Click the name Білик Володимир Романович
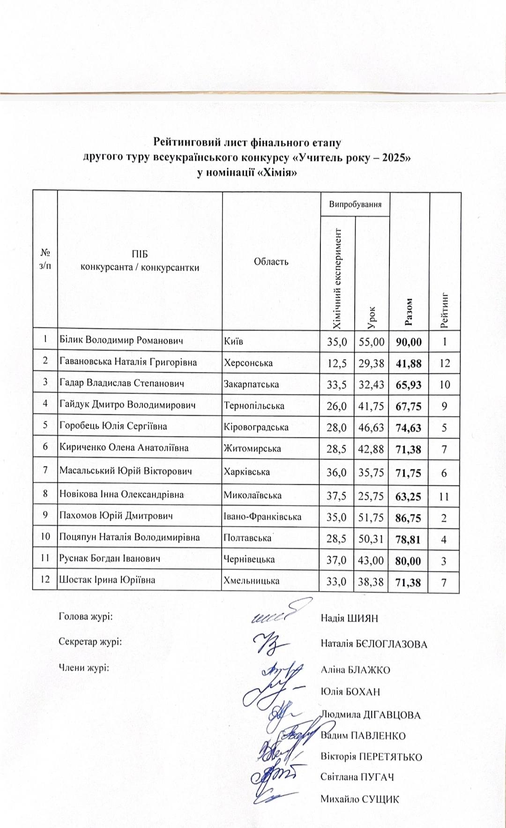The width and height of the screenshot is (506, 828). point(121,340)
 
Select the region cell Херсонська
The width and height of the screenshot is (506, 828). point(248,362)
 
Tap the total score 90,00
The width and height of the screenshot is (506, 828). point(409,342)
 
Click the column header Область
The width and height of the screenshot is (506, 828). point(271,262)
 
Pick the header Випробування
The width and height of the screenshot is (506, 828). point(355,204)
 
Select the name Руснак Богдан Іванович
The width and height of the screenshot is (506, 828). point(110,558)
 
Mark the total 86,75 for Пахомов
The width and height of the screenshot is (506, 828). point(408,518)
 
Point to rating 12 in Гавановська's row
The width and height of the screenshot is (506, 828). point(445,363)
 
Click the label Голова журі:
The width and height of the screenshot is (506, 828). point(86,616)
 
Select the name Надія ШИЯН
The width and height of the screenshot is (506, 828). point(349,618)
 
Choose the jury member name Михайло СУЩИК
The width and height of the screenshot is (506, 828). point(360,799)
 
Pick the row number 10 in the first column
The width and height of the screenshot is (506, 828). point(45,537)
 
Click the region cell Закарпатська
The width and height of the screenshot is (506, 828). point(251,384)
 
